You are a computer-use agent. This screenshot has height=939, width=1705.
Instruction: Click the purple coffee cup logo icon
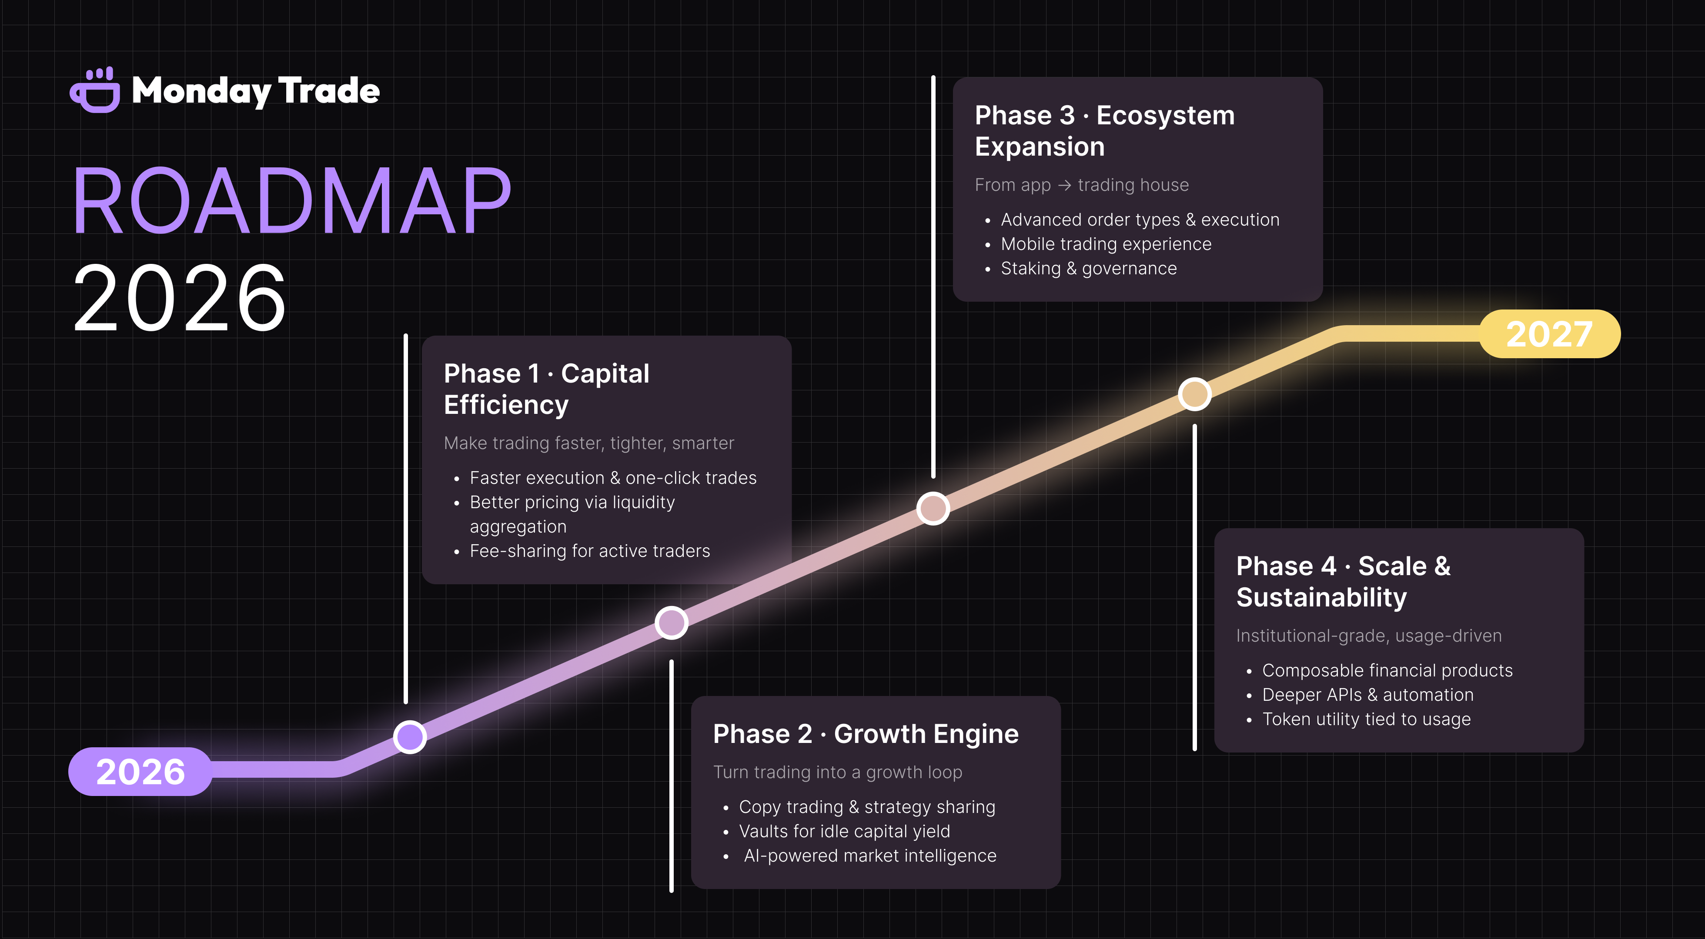95,91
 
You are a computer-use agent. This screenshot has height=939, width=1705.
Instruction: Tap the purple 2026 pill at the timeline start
140,772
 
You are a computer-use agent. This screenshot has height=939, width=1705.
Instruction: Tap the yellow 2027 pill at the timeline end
1549,334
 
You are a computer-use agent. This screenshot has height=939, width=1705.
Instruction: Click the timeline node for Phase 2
671,623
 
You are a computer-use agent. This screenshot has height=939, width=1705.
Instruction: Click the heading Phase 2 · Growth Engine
866,734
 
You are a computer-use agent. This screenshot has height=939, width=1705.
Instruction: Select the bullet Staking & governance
1088,269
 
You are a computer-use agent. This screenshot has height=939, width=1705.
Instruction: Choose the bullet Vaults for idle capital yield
844,832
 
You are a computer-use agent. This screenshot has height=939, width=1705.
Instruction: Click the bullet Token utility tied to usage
1366,719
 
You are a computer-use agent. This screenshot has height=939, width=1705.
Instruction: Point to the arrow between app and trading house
1064,185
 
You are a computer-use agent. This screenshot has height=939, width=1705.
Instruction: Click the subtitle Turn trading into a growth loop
837,772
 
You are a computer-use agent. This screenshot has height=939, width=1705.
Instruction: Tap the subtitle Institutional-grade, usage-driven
1369,636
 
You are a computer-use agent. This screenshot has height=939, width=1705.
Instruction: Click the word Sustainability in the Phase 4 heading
1321,598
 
